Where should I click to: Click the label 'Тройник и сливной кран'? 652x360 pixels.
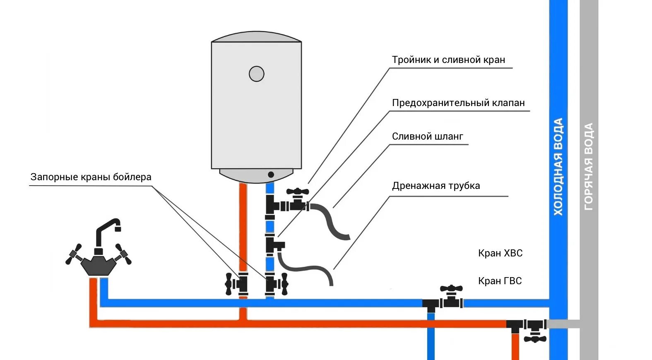pyautogui.click(x=448, y=60)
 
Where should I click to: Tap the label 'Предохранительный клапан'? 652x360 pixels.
pyautogui.click(x=458, y=103)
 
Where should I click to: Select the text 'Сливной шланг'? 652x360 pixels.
pyautogui.click(x=427, y=137)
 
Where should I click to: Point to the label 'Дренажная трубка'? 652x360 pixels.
pyautogui.click(x=436, y=186)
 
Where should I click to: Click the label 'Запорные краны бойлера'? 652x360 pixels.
pyautogui.click(x=91, y=177)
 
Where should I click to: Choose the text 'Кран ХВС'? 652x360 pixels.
pyautogui.click(x=500, y=253)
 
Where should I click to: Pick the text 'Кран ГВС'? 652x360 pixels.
pyautogui.click(x=500, y=281)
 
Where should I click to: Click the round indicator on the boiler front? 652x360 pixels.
pyautogui.click(x=257, y=74)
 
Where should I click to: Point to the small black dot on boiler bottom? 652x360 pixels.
pyautogui.click(x=271, y=174)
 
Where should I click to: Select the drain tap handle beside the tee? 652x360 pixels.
pyautogui.click(x=298, y=192)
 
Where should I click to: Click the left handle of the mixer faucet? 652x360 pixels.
pyautogui.click(x=74, y=254)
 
